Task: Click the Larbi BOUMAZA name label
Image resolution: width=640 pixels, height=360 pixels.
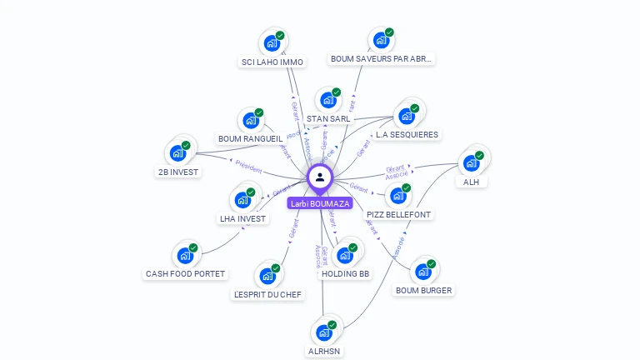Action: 320,203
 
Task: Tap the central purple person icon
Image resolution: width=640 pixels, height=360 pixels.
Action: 320,177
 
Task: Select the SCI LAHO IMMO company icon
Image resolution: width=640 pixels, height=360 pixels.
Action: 271,43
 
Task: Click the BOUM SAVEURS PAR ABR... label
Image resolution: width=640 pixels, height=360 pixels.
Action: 382,59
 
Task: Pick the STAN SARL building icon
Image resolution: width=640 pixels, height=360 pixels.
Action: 327,100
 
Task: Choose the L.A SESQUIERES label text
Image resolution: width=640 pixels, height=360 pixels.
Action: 407,134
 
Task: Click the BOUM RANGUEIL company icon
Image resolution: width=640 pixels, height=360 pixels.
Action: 250,121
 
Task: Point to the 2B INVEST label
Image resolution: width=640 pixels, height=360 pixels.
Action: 178,172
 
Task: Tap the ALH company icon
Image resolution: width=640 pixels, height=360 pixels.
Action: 471,163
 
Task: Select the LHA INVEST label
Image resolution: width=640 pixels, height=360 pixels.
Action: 242,219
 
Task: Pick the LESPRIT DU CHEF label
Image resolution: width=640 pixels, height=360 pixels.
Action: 268,294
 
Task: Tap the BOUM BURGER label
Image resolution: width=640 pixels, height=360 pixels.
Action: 423,291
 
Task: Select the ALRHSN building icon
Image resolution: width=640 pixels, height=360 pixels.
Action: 323,332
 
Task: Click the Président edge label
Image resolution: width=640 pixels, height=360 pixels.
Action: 248,166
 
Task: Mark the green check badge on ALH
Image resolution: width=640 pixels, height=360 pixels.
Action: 480,155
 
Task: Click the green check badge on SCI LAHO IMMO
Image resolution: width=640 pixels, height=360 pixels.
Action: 280,35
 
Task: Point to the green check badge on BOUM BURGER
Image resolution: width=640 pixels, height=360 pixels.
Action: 432,263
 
